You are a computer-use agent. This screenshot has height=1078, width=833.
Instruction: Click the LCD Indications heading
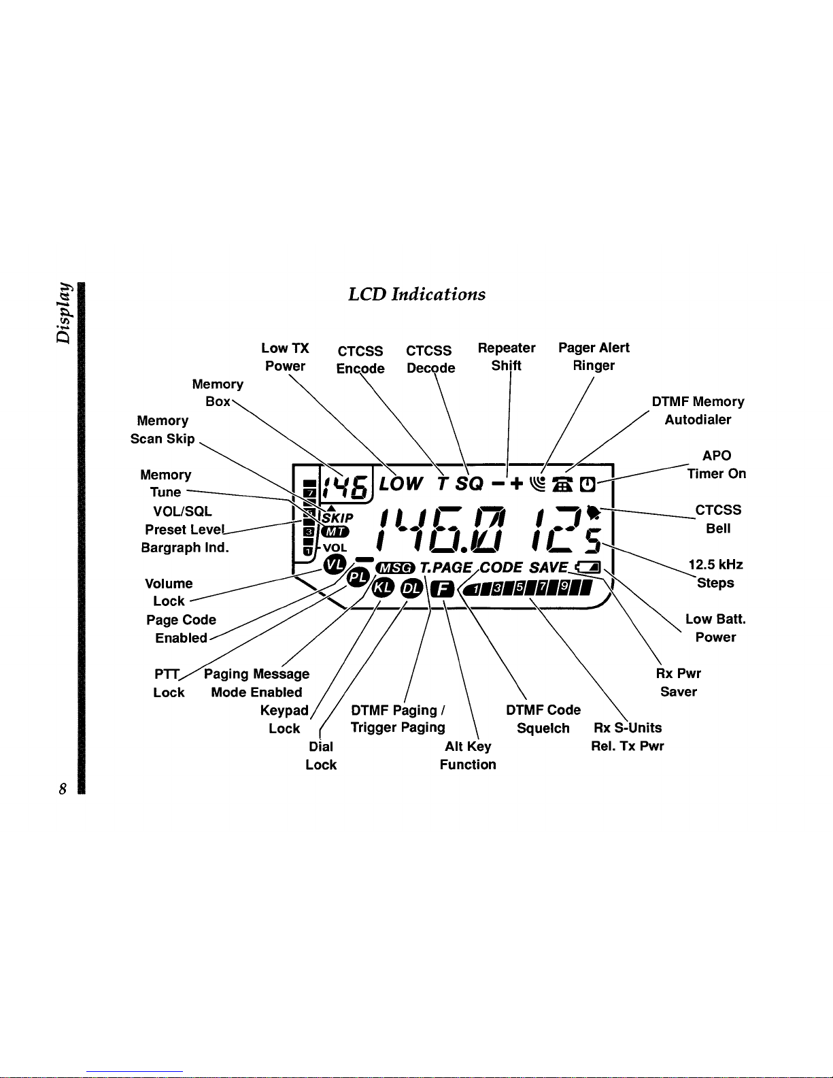coord(416,294)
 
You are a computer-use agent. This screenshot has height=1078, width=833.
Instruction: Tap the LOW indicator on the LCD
coord(401,484)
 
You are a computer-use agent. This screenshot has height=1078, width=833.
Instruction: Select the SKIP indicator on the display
coord(338,518)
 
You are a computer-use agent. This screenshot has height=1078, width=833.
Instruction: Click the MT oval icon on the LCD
coord(335,532)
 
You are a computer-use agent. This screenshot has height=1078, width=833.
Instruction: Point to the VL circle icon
coord(335,565)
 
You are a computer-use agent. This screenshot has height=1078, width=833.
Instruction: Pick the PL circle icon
coord(358,577)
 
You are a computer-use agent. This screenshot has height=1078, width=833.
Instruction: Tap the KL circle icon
coord(384,588)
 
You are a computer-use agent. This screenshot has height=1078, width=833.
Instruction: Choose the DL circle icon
coord(411,588)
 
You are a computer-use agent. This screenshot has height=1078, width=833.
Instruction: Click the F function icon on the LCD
coord(442,589)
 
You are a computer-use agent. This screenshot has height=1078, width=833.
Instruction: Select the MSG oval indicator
coord(395,567)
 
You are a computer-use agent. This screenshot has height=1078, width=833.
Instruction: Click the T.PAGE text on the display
coord(446,567)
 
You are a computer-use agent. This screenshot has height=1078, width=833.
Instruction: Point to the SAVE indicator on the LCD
coord(548,567)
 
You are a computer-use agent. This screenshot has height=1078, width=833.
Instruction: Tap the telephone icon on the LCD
coord(563,484)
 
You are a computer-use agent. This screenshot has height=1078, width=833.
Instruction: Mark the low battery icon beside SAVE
coord(588,567)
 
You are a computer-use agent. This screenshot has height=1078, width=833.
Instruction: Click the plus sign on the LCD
coord(517,483)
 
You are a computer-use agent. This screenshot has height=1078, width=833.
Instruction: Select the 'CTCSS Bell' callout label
coord(718,519)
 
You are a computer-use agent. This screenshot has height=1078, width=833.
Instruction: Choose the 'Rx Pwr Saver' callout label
coord(679,682)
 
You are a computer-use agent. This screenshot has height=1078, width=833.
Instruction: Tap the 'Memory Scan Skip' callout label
coord(163,430)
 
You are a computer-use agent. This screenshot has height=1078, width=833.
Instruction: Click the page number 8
coord(63,789)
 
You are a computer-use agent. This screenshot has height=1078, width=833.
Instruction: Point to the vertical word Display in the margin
coord(64,313)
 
